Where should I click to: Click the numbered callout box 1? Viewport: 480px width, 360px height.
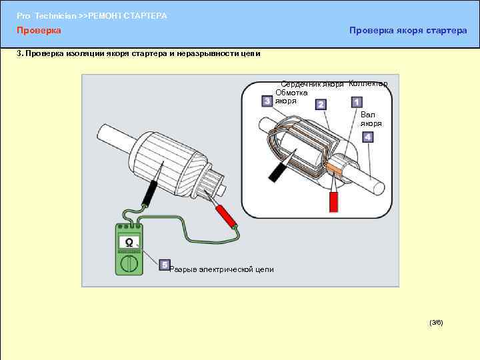click(357, 102)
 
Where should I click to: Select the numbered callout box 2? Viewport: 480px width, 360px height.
click(321, 105)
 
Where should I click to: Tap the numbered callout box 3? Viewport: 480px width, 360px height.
click(267, 101)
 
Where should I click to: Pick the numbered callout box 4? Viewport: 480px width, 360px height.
click(368, 137)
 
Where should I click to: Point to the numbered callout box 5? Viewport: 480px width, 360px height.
click(164, 265)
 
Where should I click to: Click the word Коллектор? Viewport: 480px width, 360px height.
click(367, 83)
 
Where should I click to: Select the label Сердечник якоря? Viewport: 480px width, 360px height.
click(312, 84)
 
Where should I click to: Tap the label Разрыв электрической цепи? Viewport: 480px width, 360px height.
click(221, 269)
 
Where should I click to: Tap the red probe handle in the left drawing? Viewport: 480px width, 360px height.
click(226, 215)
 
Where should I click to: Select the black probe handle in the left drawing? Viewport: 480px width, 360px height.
click(149, 193)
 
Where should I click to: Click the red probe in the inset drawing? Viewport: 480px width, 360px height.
click(334, 201)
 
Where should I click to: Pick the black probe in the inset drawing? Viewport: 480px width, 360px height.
click(275, 172)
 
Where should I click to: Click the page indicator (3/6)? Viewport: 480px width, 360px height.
click(436, 323)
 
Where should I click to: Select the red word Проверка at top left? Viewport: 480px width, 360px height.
click(39, 30)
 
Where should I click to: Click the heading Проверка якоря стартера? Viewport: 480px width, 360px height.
click(408, 30)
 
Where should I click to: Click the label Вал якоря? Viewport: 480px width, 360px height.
click(371, 119)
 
